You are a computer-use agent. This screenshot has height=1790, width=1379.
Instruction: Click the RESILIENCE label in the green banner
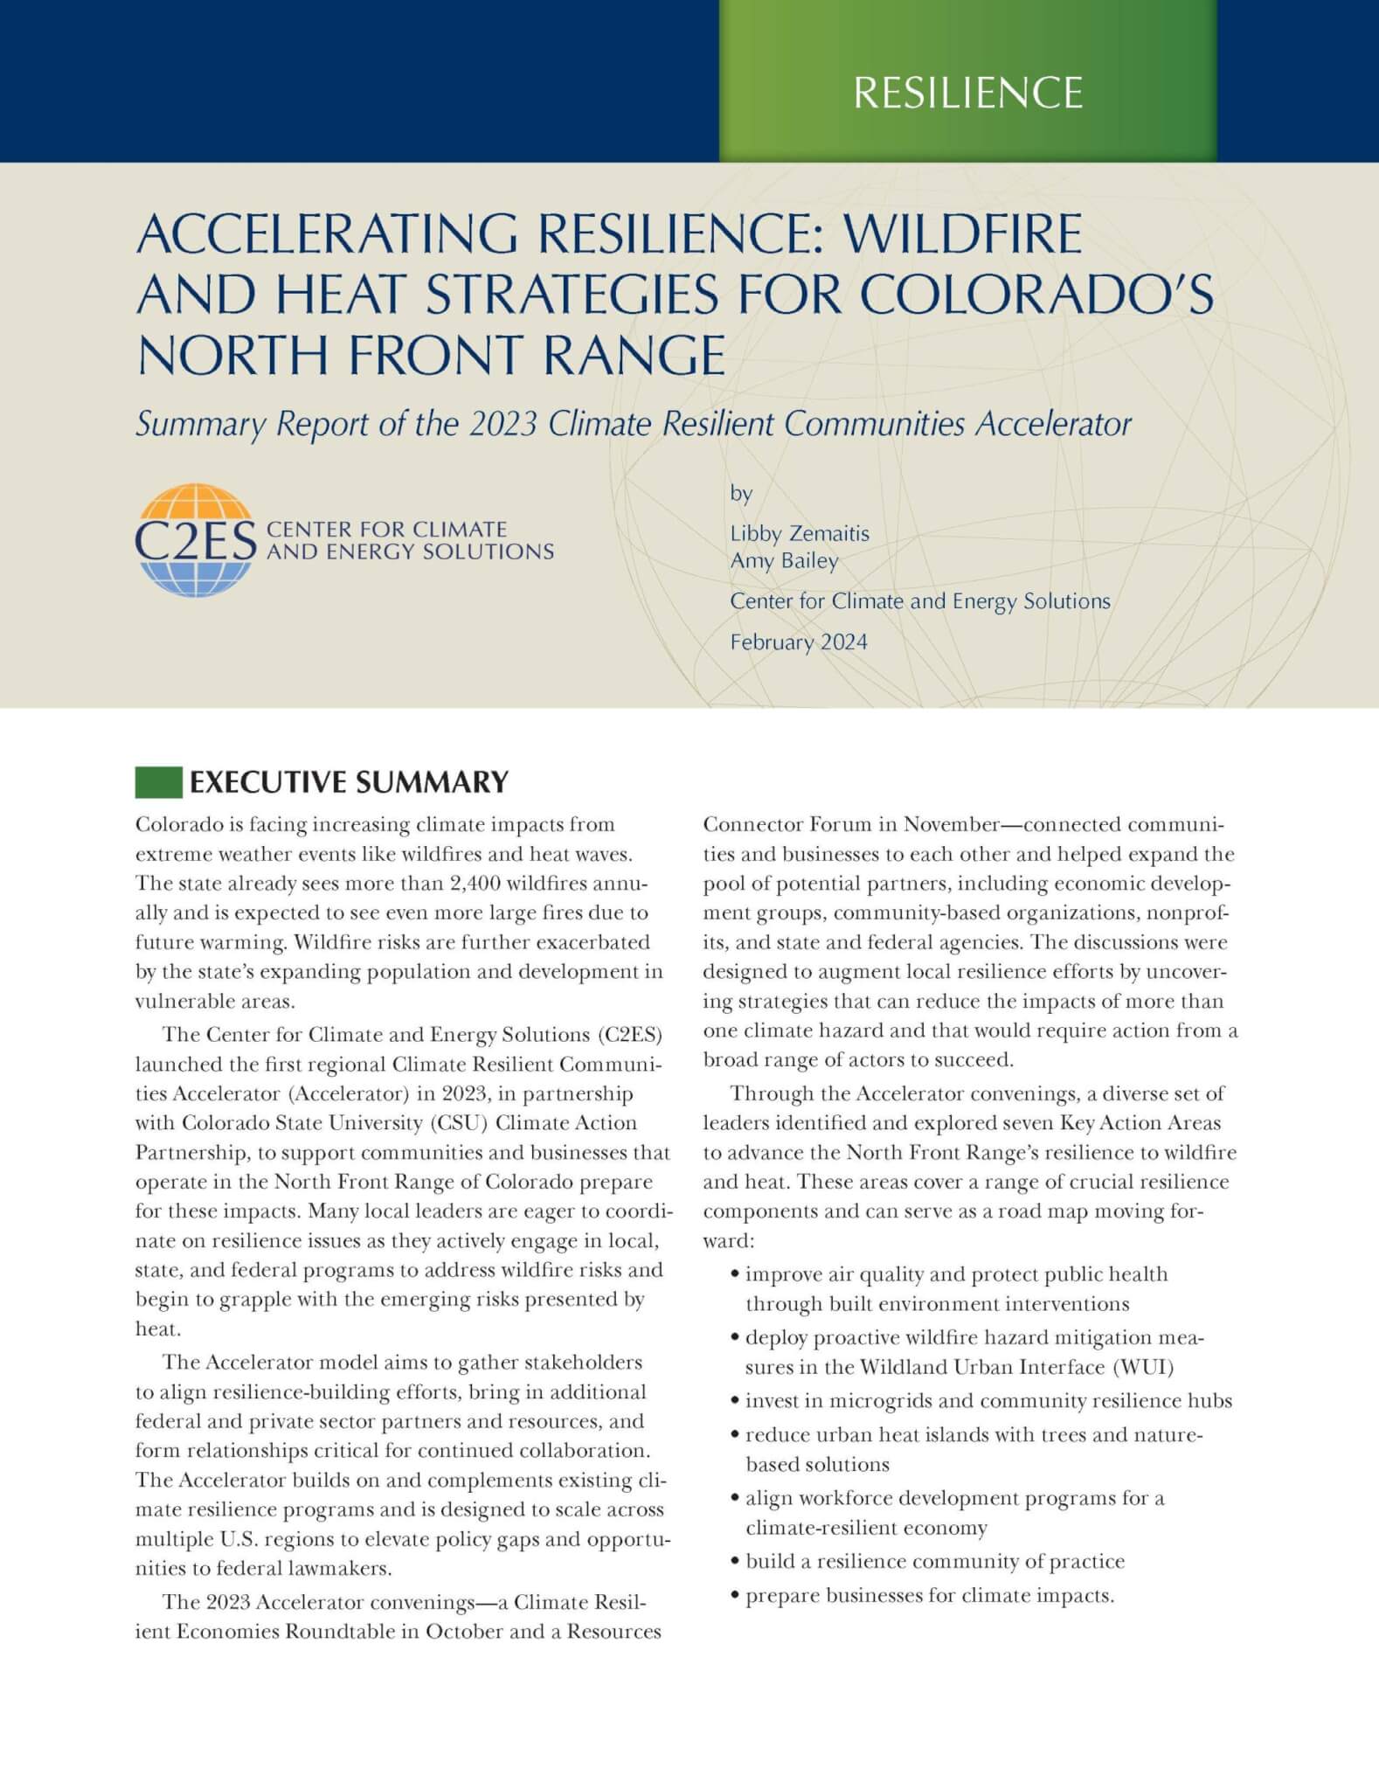967,93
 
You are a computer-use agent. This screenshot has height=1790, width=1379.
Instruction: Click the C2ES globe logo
195,540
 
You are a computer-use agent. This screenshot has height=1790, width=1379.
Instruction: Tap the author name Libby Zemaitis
800,533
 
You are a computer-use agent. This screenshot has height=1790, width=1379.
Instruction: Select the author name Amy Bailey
784,561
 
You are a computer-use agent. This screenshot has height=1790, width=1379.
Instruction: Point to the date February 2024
799,642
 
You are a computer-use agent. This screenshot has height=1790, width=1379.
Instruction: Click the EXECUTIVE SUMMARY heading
349,782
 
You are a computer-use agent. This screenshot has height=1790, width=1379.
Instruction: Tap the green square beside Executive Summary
157,782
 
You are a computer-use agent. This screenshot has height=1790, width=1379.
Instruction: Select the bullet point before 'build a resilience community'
736,1562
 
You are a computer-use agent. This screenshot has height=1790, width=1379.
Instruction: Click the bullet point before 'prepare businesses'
736,1596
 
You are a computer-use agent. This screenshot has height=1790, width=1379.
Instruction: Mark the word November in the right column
951,825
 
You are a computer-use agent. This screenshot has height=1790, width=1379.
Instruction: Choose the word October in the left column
459,1632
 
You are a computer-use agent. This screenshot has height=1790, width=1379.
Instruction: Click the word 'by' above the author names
741,494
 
